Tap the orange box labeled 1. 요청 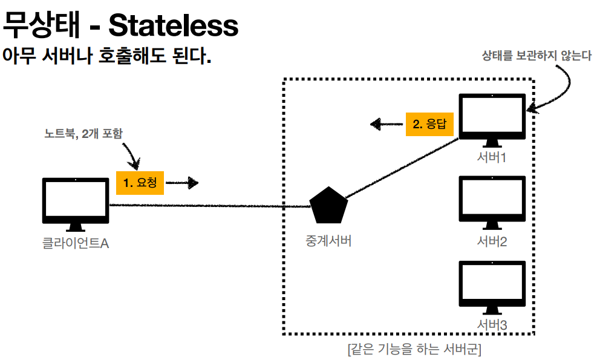click(x=140, y=182)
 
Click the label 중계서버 click(x=328, y=241)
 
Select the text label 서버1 click(x=491, y=158)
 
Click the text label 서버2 click(x=491, y=241)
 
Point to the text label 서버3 click(x=491, y=325)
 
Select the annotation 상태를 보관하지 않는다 click(x=536, y=56)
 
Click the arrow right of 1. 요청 click(x=182, y=182)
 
